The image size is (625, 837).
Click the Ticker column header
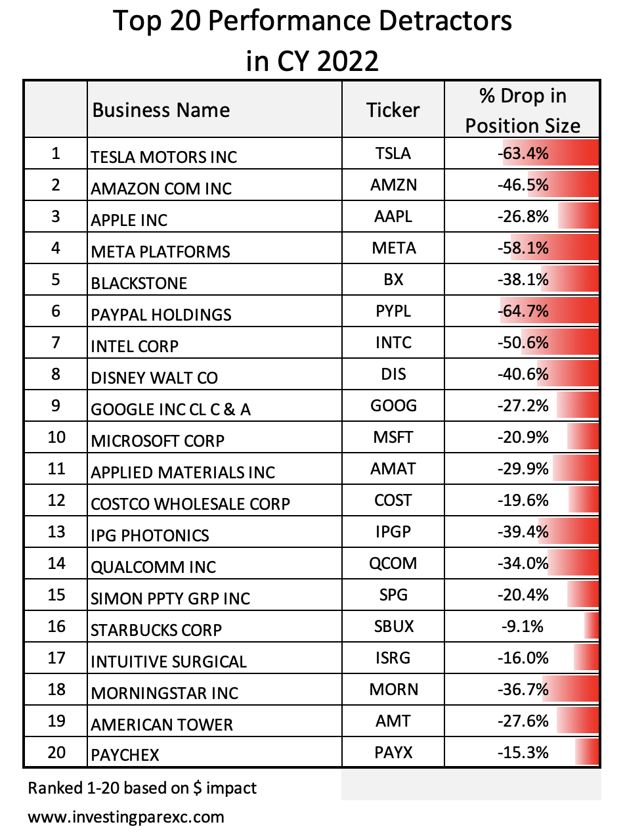click(x=393, y=110)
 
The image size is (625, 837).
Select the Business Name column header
click(x=161, y=110)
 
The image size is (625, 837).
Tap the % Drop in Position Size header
click(x=523, y=110)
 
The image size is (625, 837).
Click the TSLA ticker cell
click(x=393, y=153)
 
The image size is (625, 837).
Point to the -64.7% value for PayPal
click(x=523, y=311)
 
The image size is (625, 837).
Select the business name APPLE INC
click(x=129, y=220)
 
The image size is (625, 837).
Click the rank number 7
click(x=56, y=342)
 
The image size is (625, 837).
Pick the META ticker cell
click(x=394, y=248)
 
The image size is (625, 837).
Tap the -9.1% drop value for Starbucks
click(x=522, y=626)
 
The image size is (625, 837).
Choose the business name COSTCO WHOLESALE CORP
click(x=190, y=504)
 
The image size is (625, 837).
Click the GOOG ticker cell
click(x=393, y=405)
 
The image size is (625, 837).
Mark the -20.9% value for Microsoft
click(x=523, y=437)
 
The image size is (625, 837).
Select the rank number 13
click(x=56, y=532)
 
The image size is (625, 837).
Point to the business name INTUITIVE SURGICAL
click(x=169, y=662)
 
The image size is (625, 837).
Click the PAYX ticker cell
click(x=393, y=752)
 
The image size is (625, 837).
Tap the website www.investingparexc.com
click(x=126, y=817)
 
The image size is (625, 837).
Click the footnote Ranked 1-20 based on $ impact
click(x=142, y=788)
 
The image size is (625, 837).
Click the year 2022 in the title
click(x=347, y=61)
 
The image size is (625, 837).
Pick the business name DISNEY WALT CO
click(x=154, y=378)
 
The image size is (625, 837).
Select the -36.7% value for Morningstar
click(x=523, y=689)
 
